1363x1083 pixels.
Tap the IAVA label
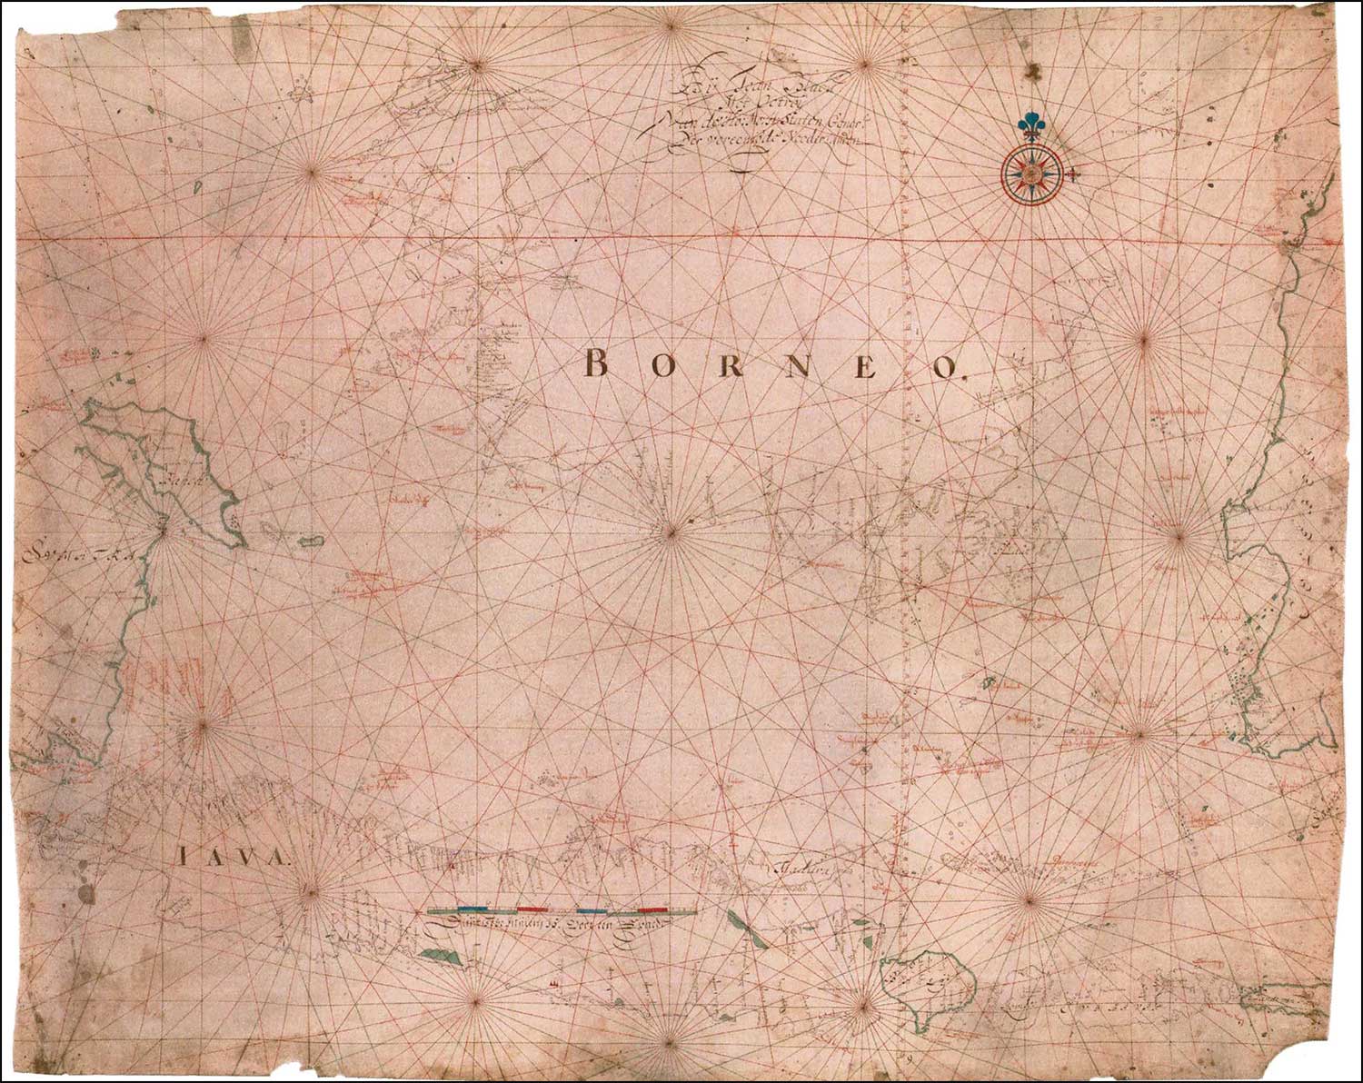coord(233,856)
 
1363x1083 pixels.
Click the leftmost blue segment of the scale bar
coord(473,908)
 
